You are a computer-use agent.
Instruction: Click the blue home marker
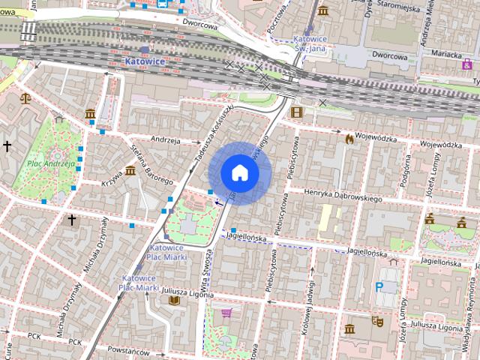pyautogui.click(x=240, y=172)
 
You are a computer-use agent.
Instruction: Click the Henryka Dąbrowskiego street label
pyautogui.click(x=343, y=195)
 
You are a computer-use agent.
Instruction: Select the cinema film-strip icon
pyautogui.click(x=298, y=112)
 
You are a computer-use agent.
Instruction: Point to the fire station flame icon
pyautogui.click(x=349, y=138)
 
